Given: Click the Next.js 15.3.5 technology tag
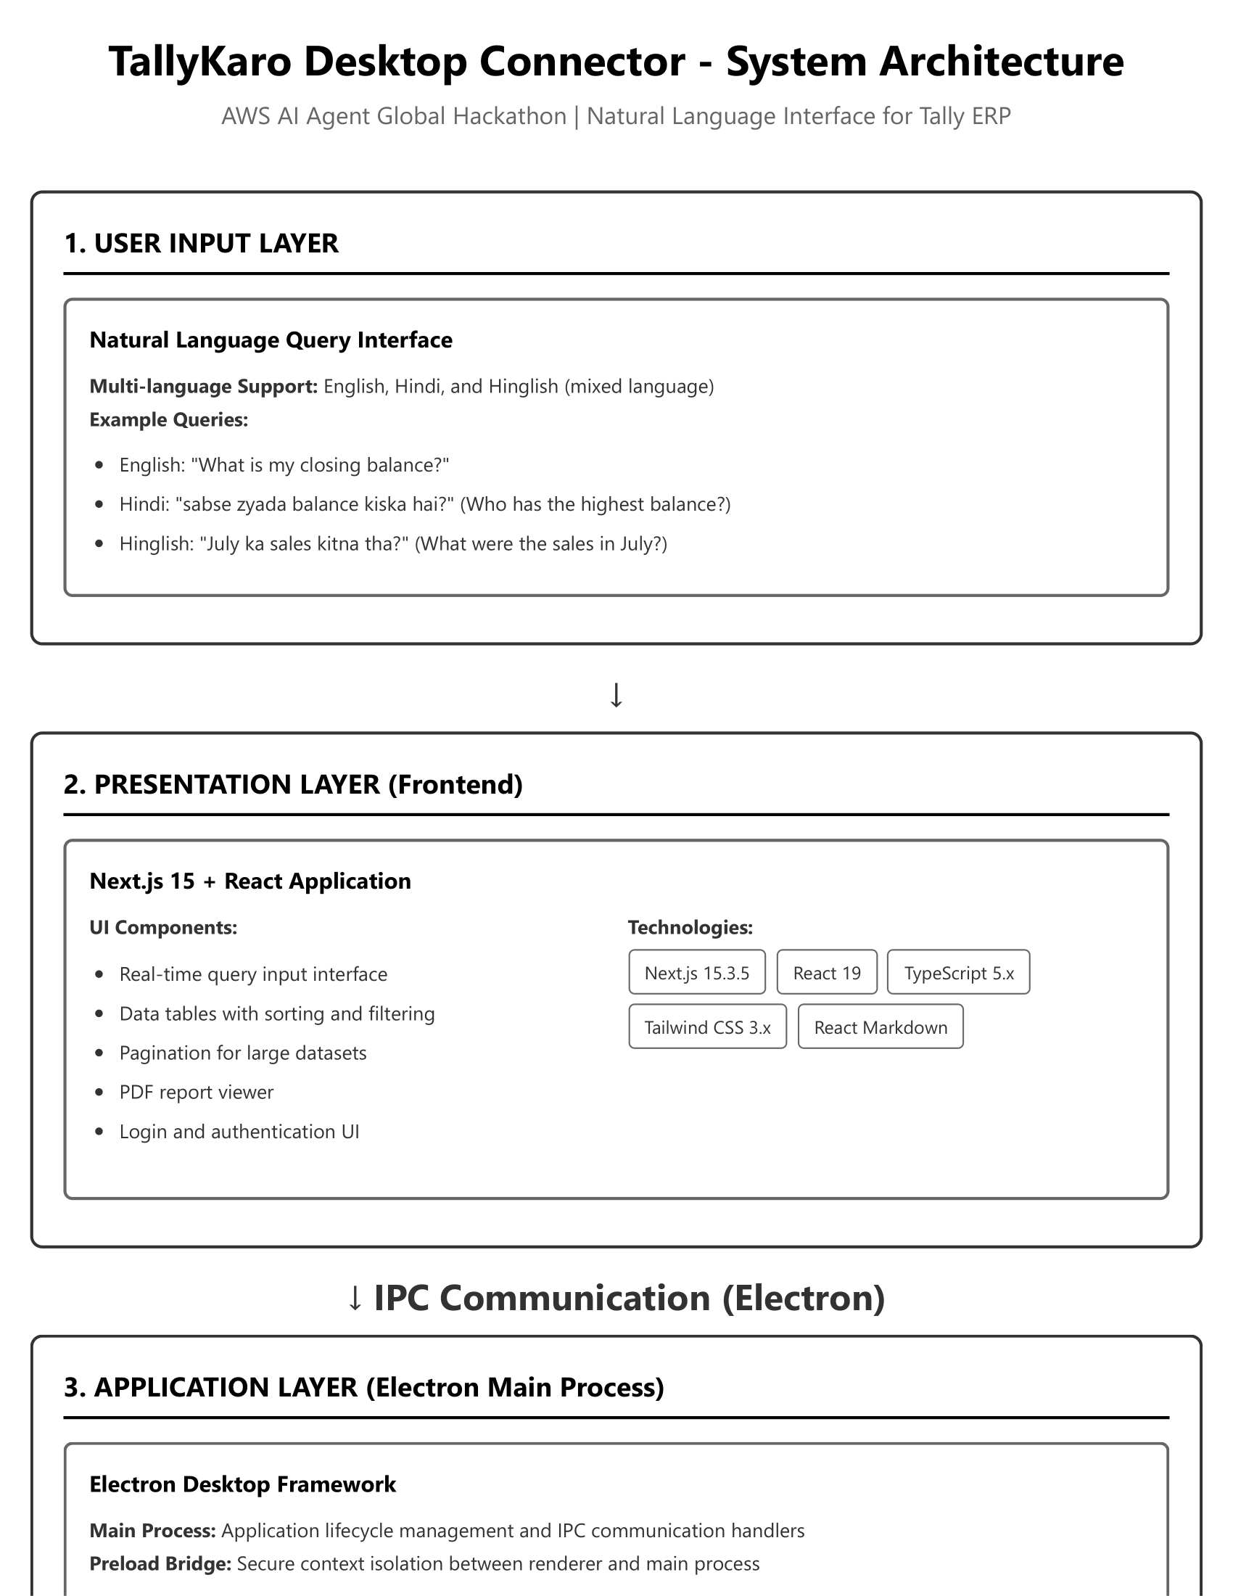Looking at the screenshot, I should tap(697, 973).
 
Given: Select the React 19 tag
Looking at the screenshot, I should tap(827, 973).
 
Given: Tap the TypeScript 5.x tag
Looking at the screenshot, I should tap(958, 973).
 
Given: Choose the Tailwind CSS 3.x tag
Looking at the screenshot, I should tap(707, 1027).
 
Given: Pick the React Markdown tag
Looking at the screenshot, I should tap(881, 1027).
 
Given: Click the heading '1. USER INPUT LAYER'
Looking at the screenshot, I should tap(201, 243).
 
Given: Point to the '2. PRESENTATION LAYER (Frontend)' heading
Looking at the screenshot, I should tap(293, 784).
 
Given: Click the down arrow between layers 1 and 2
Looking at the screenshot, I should tap(616, 695).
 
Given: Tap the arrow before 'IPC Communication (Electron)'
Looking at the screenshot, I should tap(355, 1299).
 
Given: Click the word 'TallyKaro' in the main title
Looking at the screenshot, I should tap(199, 62).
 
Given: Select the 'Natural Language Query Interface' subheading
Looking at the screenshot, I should tap(271, 340).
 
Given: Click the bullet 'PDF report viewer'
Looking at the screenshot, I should tap(197, 1092).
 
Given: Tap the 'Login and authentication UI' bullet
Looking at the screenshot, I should tap(239, 1131).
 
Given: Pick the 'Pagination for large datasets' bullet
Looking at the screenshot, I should tap(242, 1053).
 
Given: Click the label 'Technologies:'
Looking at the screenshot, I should tap(690, 927).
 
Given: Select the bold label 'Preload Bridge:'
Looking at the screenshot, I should tap(160, 1563).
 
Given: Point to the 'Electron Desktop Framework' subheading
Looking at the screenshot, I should tap(242, 1484).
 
